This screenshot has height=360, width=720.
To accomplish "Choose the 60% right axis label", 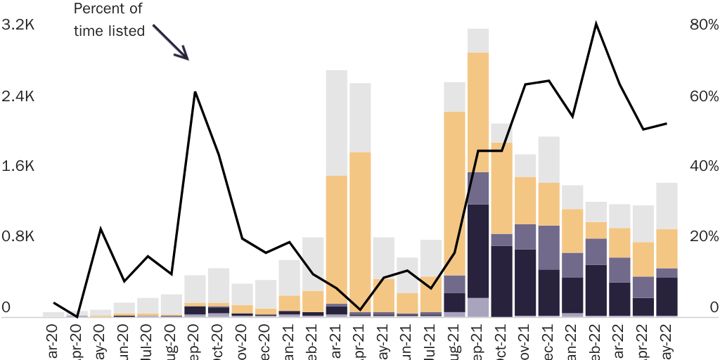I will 704,96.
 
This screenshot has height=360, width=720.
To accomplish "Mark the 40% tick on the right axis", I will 704,166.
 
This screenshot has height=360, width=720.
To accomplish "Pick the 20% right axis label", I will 704,236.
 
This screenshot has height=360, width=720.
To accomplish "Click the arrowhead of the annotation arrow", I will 185,56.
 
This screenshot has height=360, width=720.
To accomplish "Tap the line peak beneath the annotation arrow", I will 195,92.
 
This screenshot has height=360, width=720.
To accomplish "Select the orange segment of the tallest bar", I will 477,112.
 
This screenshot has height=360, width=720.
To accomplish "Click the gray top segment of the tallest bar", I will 477,40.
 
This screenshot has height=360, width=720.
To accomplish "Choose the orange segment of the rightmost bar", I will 667,248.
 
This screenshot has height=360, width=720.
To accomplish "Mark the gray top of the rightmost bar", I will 667,205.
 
